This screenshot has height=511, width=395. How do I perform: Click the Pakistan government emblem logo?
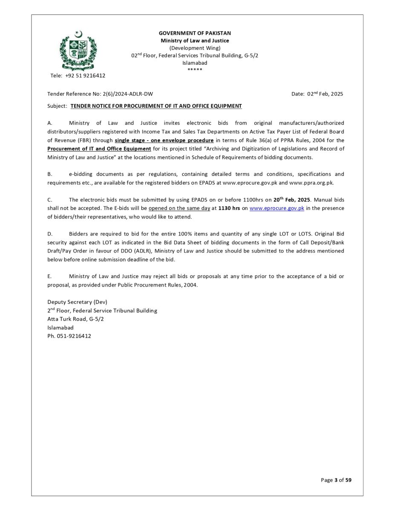tap(78, 50)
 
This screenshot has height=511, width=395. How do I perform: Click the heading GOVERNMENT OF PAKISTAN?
tap(195, 33)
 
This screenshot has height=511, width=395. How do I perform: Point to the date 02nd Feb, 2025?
tap(325, 94)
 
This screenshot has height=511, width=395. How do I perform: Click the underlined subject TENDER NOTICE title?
tap(156, 106)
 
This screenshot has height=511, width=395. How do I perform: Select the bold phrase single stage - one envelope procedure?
tap(164, 140)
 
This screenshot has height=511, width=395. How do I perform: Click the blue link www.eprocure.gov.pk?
tap(277, 208)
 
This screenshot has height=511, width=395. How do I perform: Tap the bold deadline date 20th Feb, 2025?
tap(291, 199)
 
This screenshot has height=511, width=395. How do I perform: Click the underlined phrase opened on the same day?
tap(179, 208)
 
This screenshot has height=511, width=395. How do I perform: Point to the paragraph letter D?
tap(49, 234)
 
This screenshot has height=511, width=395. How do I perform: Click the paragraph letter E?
tap(49, 276)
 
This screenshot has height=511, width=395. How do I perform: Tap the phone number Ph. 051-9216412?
tap(69, 336)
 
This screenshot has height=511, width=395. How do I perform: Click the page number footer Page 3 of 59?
tap(336, 480)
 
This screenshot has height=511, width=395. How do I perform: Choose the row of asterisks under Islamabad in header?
tap(195, 69)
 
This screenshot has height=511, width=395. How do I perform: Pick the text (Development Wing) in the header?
tap(195, 48)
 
